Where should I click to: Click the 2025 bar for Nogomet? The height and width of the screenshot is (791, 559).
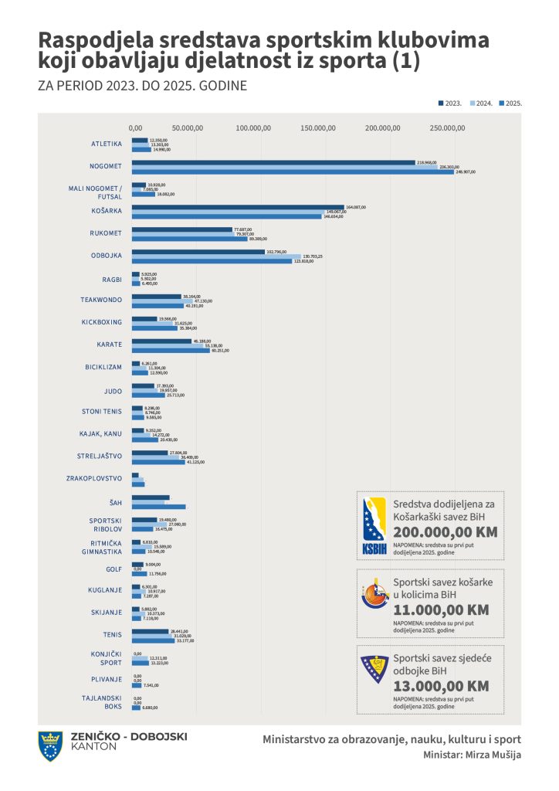[x=293, y=171]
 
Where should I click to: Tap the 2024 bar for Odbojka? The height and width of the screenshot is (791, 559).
[x=216, y=256]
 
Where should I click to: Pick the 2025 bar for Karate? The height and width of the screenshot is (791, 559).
[x=170, y=350]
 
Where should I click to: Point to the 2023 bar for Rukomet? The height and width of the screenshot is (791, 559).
[x=181, y=229]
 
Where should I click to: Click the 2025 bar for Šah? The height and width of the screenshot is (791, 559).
[x=158, y=507]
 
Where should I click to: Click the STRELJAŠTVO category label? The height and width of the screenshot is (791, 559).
[x=100, y=457]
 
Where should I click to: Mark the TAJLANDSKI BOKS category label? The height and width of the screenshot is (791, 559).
[x=102, y=702]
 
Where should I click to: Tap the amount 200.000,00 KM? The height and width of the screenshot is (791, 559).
[x=445, y=532]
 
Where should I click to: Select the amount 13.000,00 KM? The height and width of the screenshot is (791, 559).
[x=440, y=686]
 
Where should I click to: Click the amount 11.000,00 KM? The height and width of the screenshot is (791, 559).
[x=440, y=609]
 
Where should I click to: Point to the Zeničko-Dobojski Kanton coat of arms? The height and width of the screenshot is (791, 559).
[x=51, y=745]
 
